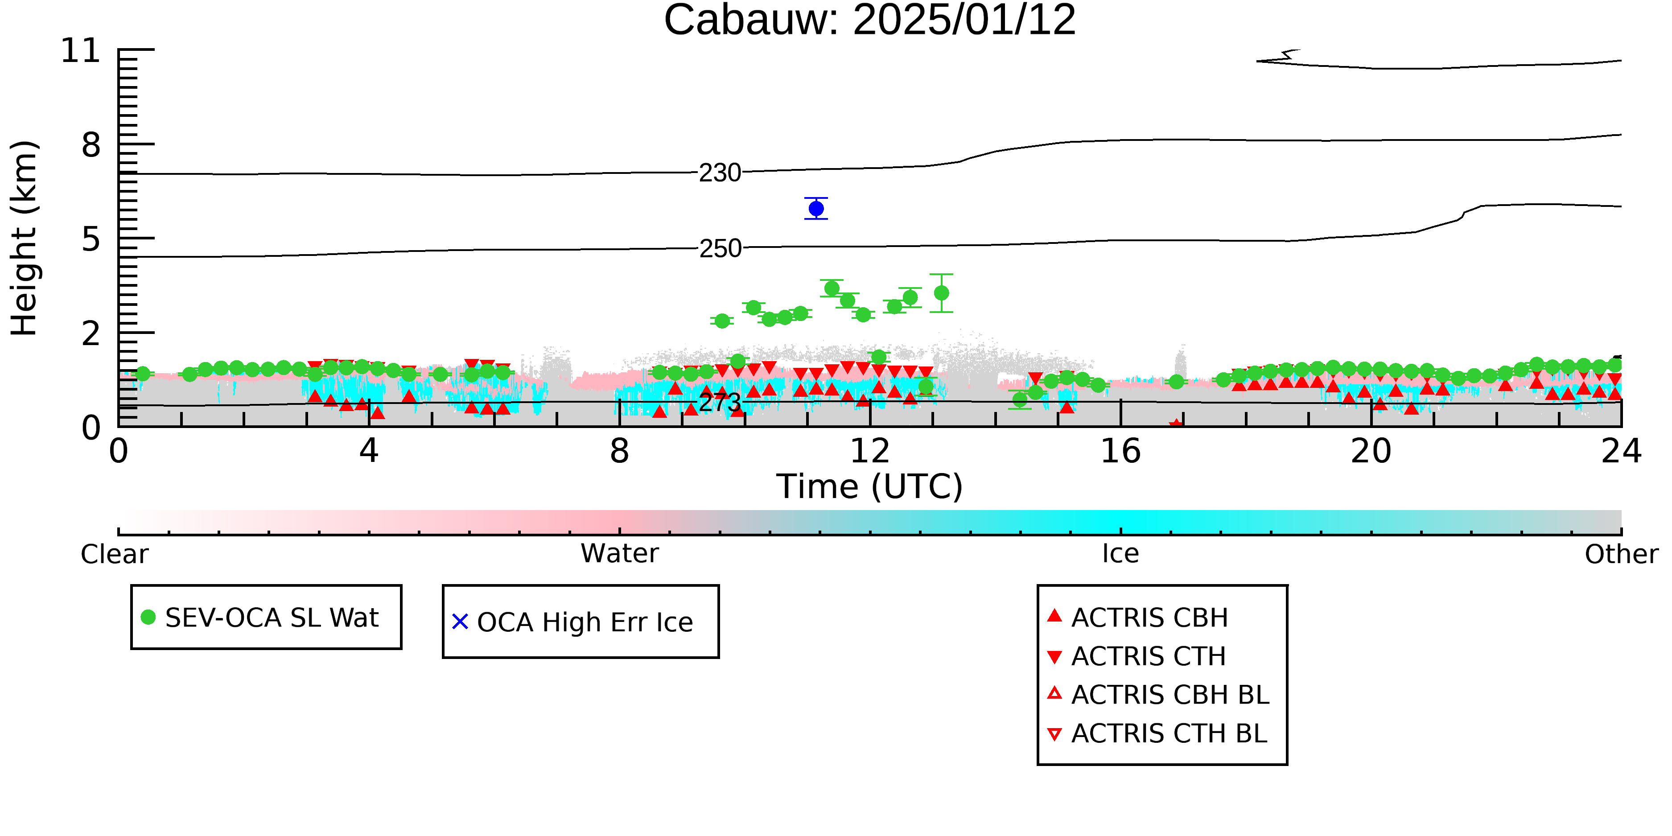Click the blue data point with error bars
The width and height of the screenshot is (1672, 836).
pyautogui.click(x=816, y=208)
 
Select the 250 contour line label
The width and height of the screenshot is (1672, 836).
pyautogui.click(x=720, y=249)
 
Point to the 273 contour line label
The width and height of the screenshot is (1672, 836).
pyautogui.click(x=720, y=403)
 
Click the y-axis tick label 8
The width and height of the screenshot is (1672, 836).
pyautogui.click(x=91, y=145)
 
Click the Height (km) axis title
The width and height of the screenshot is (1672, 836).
pyautogui.click(x=24, y=238)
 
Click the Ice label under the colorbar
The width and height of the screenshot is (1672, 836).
pyautogui.click(x=1120, y=554)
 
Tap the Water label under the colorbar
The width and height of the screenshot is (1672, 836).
pyautogui.click(x=620, y=554)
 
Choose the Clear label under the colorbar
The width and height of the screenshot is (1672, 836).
pyautogui.click(x=114, y=554)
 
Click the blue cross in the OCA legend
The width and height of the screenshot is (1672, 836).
pyautogui.click(x=460, y=622)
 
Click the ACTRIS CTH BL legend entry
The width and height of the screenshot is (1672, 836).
pyautogui.click(x=1157, y=733)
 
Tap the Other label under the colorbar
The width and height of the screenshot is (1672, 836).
pyautogui.click(x=1621, y=554)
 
